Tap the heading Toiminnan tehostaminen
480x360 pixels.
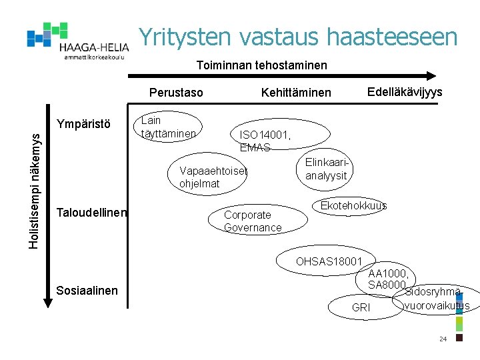tap(261, 65)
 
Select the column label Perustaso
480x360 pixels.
tap(176, 92)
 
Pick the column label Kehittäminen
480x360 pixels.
tap(296, 92)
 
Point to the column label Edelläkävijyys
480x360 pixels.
tap(405, 91)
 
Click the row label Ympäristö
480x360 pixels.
tap(84, 123)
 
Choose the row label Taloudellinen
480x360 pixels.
tap(92, 212)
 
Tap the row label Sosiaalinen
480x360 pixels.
tap(87, 290)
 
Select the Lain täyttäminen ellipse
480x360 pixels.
tap(168, 127)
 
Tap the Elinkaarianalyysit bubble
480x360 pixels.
tap(326, 169)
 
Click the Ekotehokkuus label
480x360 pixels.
tap(353, 205)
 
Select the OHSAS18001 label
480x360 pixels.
tap(329, 261)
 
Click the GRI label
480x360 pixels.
tap(361, 307)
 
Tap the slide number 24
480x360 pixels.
tap(443, 339)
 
